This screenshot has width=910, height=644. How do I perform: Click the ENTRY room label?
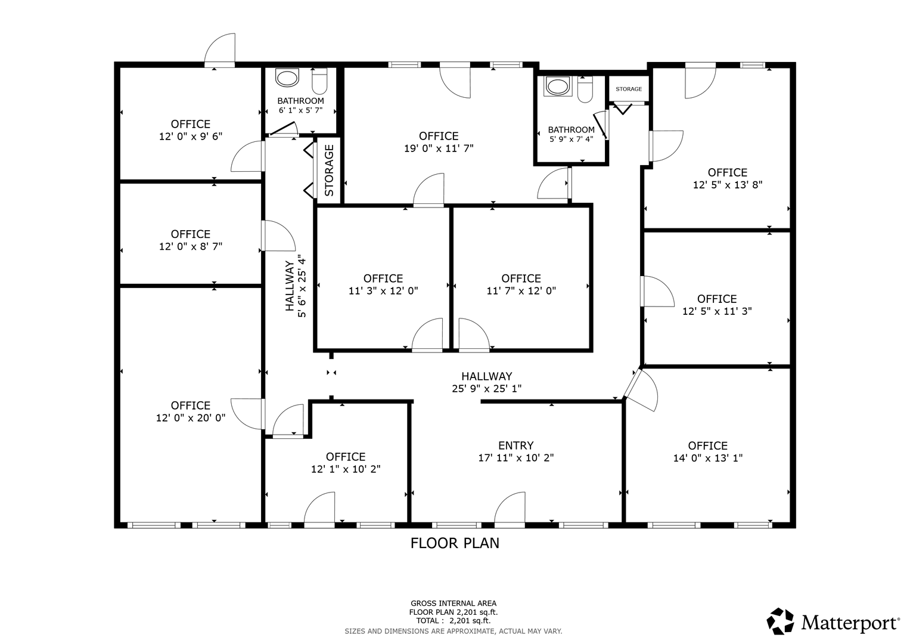tap(515, 445)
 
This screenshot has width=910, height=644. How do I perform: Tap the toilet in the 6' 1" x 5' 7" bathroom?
tap(319, 80)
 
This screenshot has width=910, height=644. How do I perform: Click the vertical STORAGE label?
tap(328, 171)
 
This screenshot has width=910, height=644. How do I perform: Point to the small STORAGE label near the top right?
tap(629, 89)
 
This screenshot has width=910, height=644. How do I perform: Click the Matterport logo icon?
tap(780, 621)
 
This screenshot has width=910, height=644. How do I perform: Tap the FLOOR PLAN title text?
tap(455, 543)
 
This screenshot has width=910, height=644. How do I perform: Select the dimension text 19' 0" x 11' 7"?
tap(439, 148)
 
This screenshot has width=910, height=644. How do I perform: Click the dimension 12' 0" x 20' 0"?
tap(191, 418)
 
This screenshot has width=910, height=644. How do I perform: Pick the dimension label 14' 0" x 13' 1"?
tap(708, 458)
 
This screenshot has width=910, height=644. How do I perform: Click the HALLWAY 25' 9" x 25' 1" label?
tap(487, 382)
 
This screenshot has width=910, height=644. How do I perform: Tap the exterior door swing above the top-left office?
tap(219, 49)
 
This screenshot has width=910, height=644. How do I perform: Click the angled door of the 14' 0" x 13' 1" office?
tap(641, 389)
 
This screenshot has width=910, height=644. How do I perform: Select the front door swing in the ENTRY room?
tap(510, 508)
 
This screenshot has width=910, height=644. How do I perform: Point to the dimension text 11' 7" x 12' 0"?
tap(521, 291)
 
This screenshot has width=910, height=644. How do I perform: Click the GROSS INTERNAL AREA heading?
tap(454, 603)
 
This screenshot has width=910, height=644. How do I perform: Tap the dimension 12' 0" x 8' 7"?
tap(191, 247)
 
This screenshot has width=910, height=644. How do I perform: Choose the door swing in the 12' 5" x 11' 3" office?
tap(657, 291)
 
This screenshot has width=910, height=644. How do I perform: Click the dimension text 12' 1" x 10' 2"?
tap(346, 469)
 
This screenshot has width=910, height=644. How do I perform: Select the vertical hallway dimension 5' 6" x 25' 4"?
tap(302, 286)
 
